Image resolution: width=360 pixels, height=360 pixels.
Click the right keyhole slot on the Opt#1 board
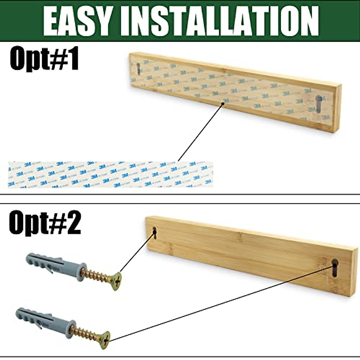(x=319, y=103)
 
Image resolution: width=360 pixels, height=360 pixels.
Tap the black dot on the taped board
(x=223, y=104)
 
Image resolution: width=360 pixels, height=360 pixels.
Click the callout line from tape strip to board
(x=200, y=132)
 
